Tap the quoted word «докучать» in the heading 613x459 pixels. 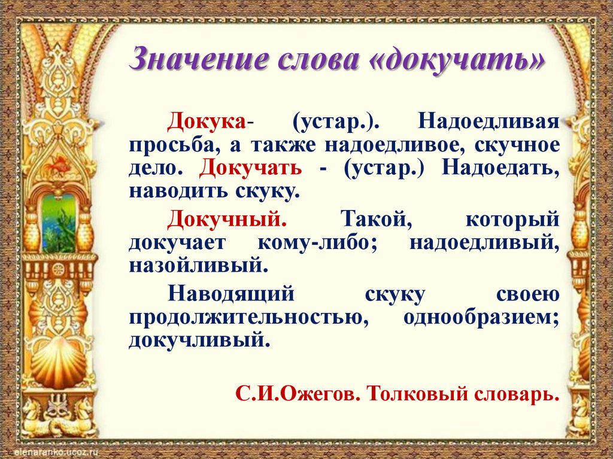pyautogui.click(x=459, y=60)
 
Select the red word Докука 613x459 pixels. pyautogui.click(x=207, y=121)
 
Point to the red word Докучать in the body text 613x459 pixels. pyautogui.click(x=251, y=168)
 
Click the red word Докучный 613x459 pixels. pyautogui.click(x=227, y=218)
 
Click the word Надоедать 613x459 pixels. pyautogui.click(x=500, y=168)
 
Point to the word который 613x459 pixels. pyautogui.click(x=512, y=218)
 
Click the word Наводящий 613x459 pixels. pyautogui.click(x=231, y=294)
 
